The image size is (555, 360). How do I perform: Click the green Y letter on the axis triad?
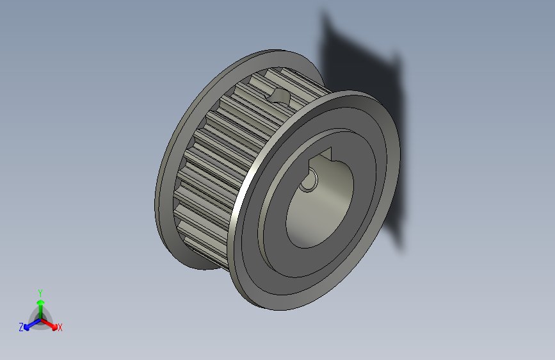click(x=40, y=291)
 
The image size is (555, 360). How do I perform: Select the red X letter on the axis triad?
click(x=60, y=327)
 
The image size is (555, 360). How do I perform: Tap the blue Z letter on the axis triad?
click(x=21, y=327)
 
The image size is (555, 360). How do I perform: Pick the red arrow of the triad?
click(x=51, y=323)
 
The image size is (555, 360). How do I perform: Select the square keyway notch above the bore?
click(x=324, y=156)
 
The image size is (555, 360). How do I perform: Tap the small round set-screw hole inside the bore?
click(x=309, y=183)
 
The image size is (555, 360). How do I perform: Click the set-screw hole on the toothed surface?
click(x=279, y=96)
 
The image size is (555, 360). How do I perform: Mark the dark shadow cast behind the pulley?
click(x=365, y=70)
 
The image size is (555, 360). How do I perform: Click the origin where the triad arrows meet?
click(x=40, y=318)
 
